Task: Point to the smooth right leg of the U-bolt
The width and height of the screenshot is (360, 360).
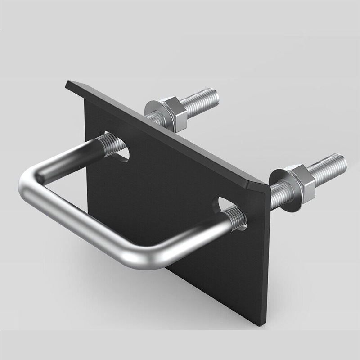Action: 198,238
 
